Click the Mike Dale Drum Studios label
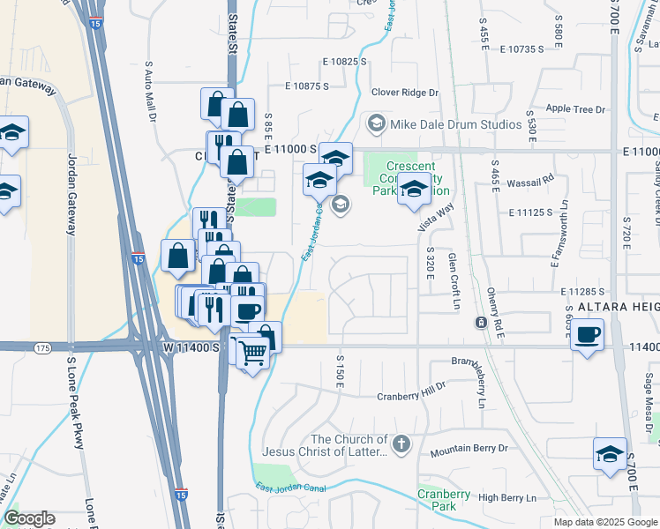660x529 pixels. [456, 124]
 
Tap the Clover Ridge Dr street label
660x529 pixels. [405, 92]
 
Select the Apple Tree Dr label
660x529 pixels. [575, 109]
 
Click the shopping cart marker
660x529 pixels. [253, 353]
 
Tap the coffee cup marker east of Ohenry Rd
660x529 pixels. [587, 335]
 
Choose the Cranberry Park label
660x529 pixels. [437, 500]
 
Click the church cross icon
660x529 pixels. [401, 444]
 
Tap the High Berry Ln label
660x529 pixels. [506, 498]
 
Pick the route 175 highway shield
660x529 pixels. [43, 349]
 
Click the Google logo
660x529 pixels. [28, 518]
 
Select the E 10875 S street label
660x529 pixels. [306, 86]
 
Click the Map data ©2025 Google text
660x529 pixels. [605, 522]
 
